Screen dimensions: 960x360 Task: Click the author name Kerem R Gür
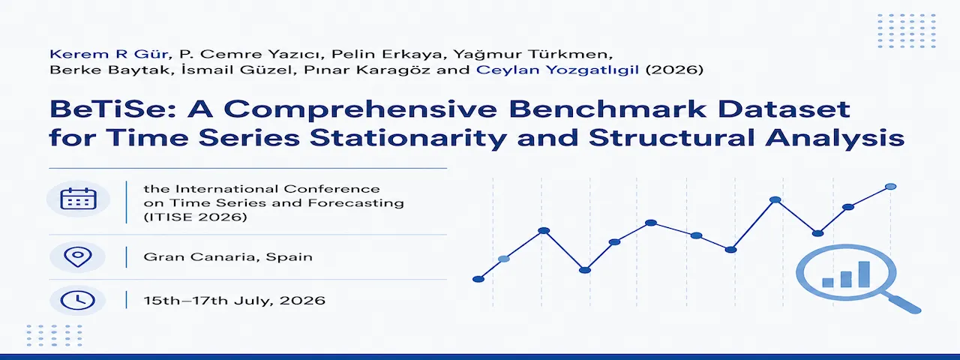[109, 55]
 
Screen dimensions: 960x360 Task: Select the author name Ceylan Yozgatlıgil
[557, 70]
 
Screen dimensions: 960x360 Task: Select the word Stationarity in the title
[408, 139]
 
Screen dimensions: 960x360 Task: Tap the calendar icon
[79, 199]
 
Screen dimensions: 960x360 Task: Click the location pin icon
[77, 257]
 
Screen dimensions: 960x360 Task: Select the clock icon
[77, 300]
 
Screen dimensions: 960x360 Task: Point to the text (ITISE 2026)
[196, 217]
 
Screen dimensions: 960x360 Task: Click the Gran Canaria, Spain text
[228, 257]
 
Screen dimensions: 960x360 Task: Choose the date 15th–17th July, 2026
[235, 301]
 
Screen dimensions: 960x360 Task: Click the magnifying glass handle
[904, 304]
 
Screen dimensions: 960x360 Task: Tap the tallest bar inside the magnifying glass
[864, 274]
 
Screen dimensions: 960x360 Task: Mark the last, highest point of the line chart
[890, 187]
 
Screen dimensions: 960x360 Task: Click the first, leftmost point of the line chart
[478, 280]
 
